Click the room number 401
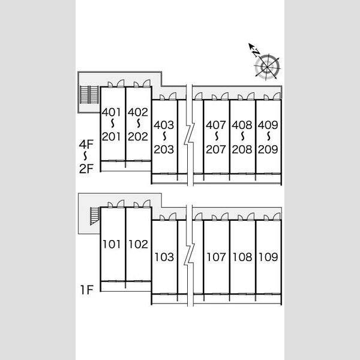tap(112, 112)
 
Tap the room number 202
tap(138, 137)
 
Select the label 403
tap(164, 125)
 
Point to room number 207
tap(216, 149)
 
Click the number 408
tap(242, 125)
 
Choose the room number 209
tap(268, 149)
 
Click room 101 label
tap(112, 244)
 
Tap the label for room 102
tap(138, 244)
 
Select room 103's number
tap(164, 257)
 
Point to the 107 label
tap(216, 257)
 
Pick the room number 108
tap(242, 257)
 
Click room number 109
tap(268, 257)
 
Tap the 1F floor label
tap(87, 290)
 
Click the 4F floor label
tap(86, 145)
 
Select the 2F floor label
tap(86, 169)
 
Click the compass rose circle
tap(267, 67)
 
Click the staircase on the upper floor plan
tap(89, 95)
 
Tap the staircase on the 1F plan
tap(95, 216)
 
